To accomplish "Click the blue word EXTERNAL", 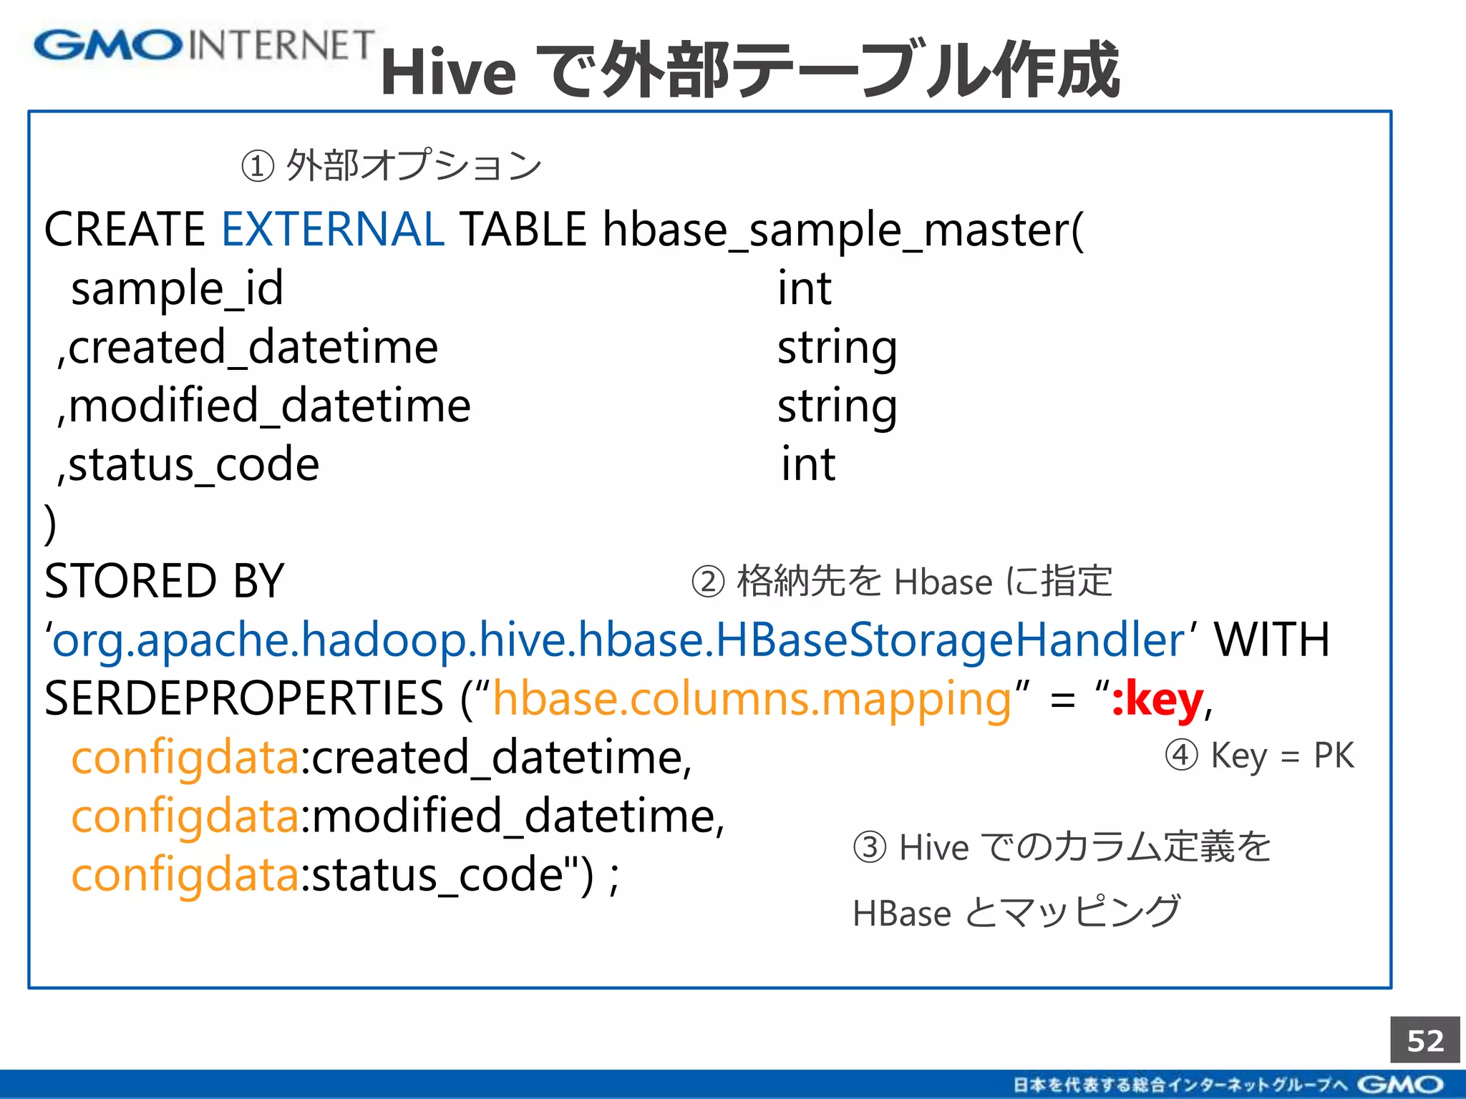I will coord(333,230).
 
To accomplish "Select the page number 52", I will coord(1424,1040).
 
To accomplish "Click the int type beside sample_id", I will coord(805,288).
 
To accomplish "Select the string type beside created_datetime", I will coord(837,348).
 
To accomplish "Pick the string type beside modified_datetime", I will coord(837,407).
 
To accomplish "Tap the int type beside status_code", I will coord(808,464).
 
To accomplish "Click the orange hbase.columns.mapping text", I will coord(752,699).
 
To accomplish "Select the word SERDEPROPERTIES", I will coord(244,699).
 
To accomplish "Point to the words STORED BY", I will coord(164,581).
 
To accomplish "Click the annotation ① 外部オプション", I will coord(392,165).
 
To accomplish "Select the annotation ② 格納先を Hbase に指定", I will coord(902,581).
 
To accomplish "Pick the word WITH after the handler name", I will coord(1271,640).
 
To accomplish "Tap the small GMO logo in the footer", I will coord(1400,1085).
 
